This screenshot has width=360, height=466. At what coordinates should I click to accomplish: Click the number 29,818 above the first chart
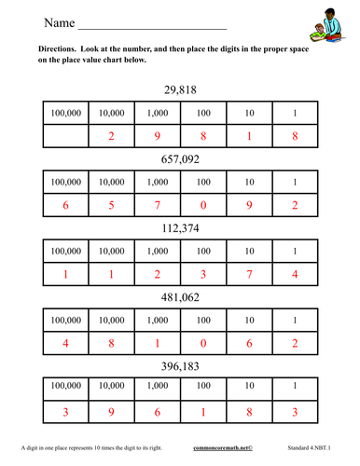click(179, 90)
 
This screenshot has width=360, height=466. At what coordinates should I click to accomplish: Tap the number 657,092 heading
click(179, 159)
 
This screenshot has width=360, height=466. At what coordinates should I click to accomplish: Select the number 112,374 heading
click(179, 228)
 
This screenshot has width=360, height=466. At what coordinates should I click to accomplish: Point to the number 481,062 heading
click(179, 297)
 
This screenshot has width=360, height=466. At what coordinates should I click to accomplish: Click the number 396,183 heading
click(179, 366)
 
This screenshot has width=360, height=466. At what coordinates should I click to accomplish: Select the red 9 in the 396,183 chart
click(111, 412)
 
